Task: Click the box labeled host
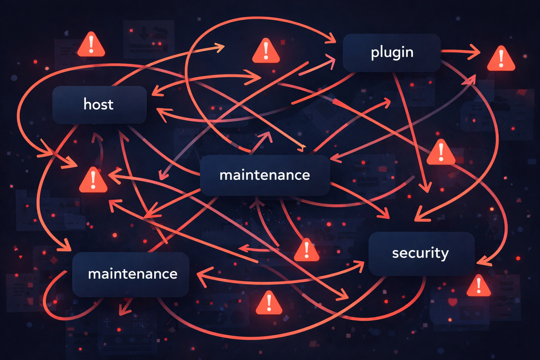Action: (99, 104)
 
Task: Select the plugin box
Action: (392, 53)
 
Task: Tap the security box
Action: (421, 253)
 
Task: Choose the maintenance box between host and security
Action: (265, 175)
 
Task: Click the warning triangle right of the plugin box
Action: (501, 59)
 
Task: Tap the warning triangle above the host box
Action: (91, 45)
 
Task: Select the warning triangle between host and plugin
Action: (266, 52)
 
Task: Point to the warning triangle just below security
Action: (478, 286)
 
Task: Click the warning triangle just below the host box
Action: (93, 181)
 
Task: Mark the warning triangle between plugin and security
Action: (441, 153)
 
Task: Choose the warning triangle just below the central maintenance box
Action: (307, 251)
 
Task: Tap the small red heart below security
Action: (452, 302)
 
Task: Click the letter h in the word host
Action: (87, 104)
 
